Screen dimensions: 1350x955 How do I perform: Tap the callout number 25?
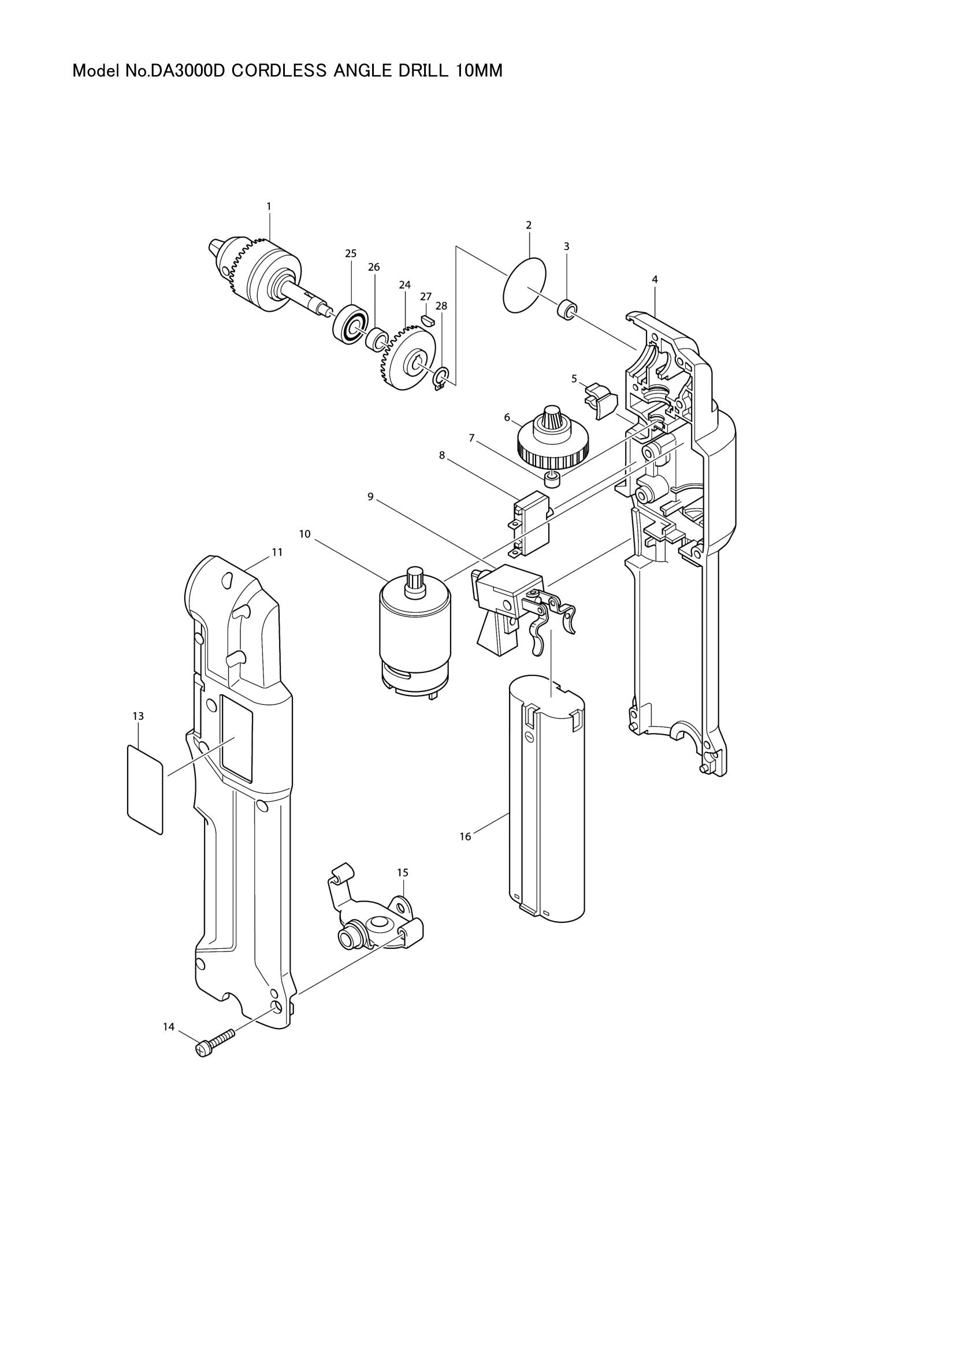tap(351, 254)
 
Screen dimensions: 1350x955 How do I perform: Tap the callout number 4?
tap(655, 280)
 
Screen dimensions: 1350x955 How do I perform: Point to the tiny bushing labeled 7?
tap(552, 479)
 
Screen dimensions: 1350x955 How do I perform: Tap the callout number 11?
tap(277, 553)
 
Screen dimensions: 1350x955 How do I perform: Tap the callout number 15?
tap(403, 889)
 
